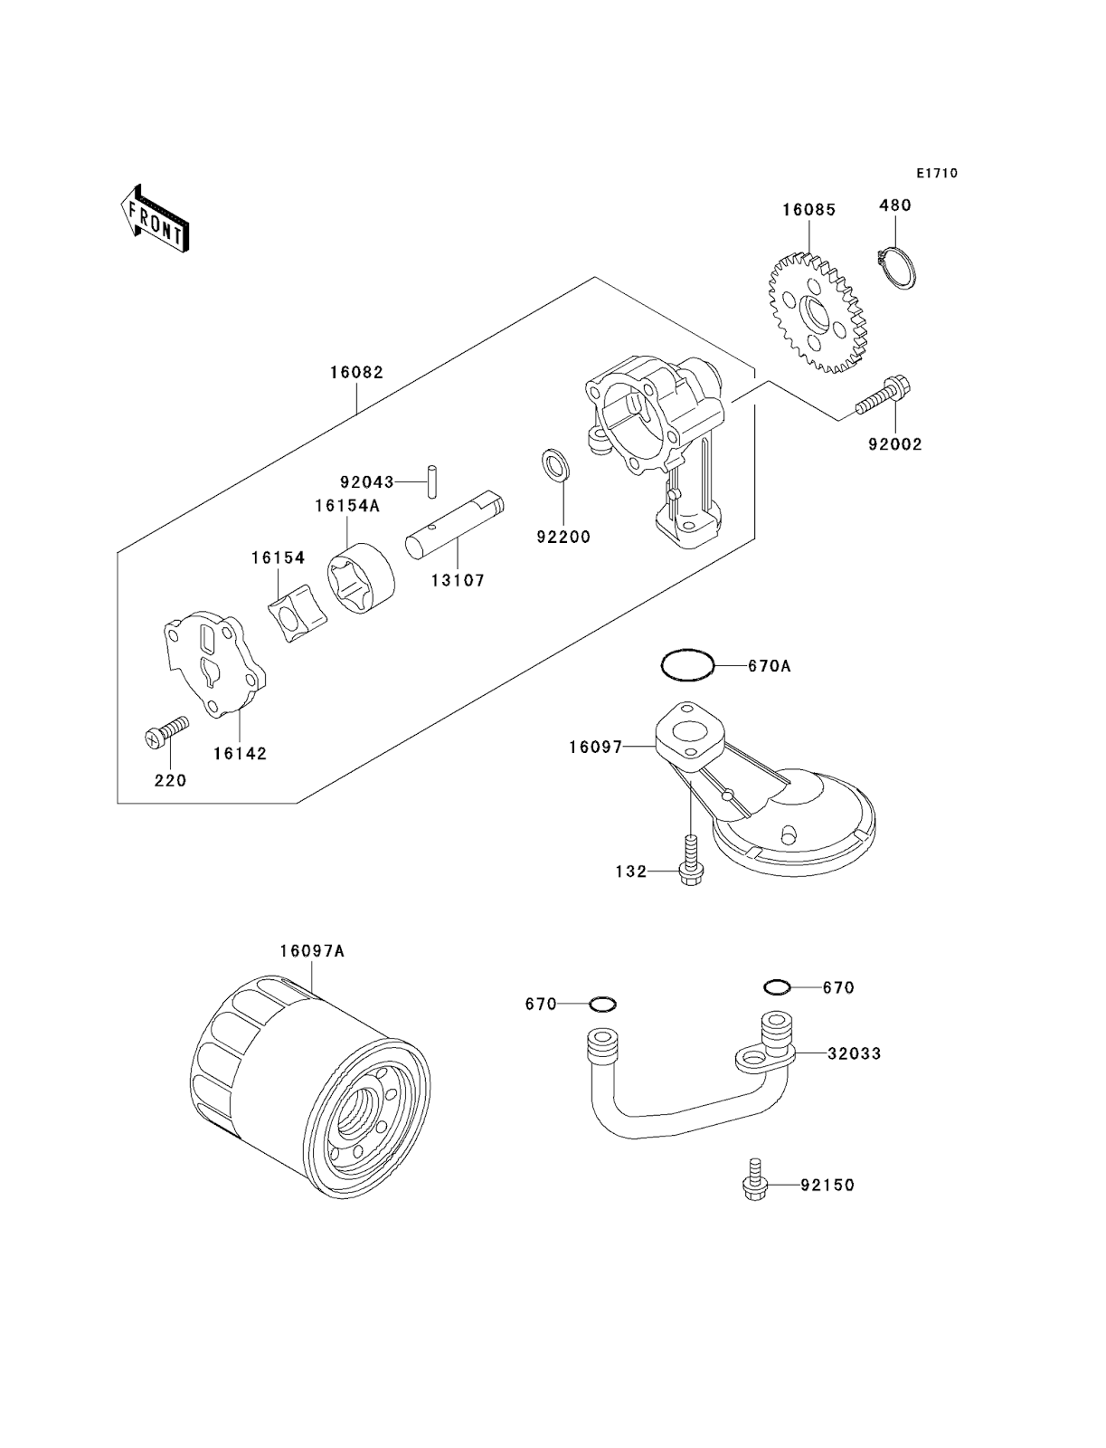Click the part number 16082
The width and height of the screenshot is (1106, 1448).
[x=355, y=372]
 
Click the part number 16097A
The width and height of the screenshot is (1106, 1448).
[x=312, y=951]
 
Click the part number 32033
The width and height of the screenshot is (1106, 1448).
[x=854, y=1053]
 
